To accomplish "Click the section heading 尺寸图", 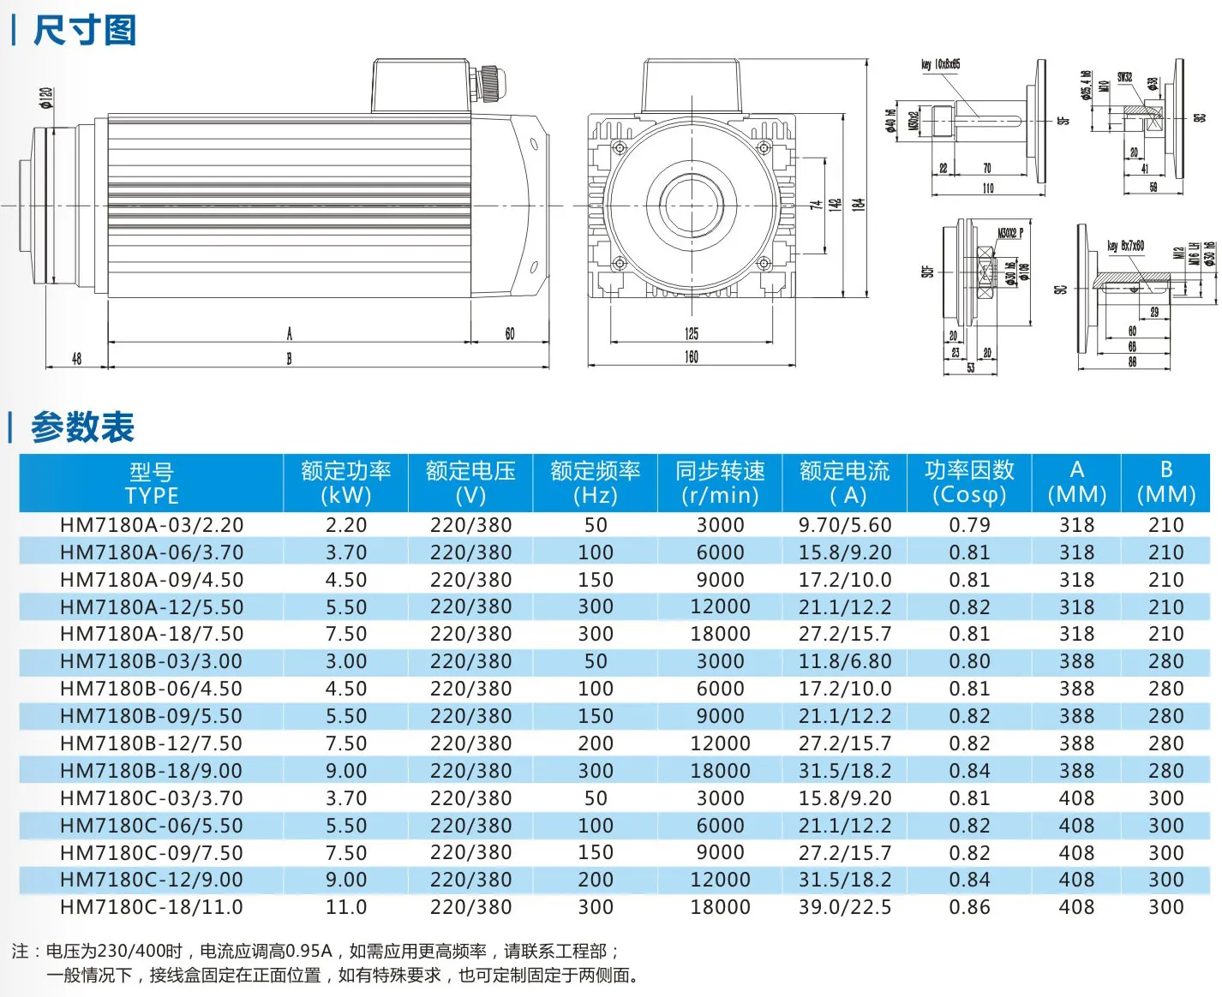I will tap(84, 31).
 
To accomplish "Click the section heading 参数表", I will tap(82, 427).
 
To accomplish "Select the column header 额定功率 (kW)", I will tap(345, 483).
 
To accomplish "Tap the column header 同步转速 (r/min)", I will tap(720, 483).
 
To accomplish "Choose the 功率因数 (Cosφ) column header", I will tap(969, 483).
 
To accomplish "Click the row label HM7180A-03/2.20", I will tap(152, 525).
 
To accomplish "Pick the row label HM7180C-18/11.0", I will tap(152, 907).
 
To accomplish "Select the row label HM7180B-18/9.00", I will tap(152, 771).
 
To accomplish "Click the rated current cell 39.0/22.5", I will tap(845, 907).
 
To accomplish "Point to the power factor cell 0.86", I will tap(969, 907).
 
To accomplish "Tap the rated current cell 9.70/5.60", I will tap(845, 525).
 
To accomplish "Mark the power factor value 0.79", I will tap(969, 525).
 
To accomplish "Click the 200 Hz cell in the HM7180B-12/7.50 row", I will tap(596, 743).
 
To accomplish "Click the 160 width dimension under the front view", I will tap(691, 357).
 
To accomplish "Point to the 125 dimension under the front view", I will tap(691, 334).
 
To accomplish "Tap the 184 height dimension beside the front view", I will tap(859, 205).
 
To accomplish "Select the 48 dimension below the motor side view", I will tap(76, 359).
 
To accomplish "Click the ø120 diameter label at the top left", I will tap(46, 98).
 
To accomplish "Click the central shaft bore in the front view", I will tap(691, 206).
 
